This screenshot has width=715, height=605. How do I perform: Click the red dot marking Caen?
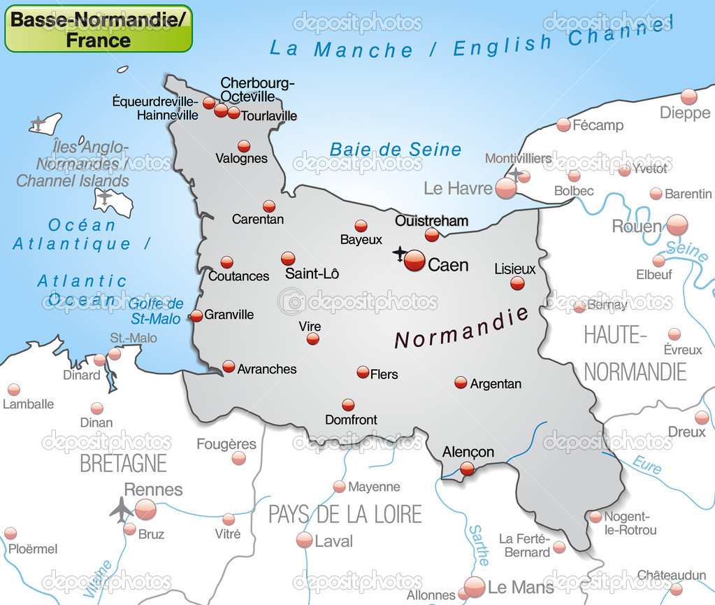(414, 260)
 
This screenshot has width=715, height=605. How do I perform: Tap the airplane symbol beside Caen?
(399, 252)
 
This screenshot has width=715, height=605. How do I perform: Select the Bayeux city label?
(361, 240)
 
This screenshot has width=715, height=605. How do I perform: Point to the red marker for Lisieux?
(517, 283)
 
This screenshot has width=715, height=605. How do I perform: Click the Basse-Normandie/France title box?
(99, 29)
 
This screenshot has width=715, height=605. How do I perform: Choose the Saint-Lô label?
(312, 273)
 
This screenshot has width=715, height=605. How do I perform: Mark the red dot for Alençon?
(467, 469)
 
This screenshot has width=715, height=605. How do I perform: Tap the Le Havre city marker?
(506, 187)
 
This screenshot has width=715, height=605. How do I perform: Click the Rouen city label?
(636, 226)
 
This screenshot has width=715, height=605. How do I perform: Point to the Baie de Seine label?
(396, 149)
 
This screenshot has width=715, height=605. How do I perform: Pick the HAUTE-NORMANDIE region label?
(635, 353)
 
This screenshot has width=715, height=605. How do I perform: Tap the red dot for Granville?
(196, 315)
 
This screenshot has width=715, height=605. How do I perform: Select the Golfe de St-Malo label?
(156, 311)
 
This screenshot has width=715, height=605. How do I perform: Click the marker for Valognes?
(244, 145)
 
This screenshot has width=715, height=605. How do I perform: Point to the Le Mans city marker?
(475, 586)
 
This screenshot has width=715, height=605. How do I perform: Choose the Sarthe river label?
(479, 546)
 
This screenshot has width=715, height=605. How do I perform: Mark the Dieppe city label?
(684, 113)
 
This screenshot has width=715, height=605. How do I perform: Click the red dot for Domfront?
(348, 404)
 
